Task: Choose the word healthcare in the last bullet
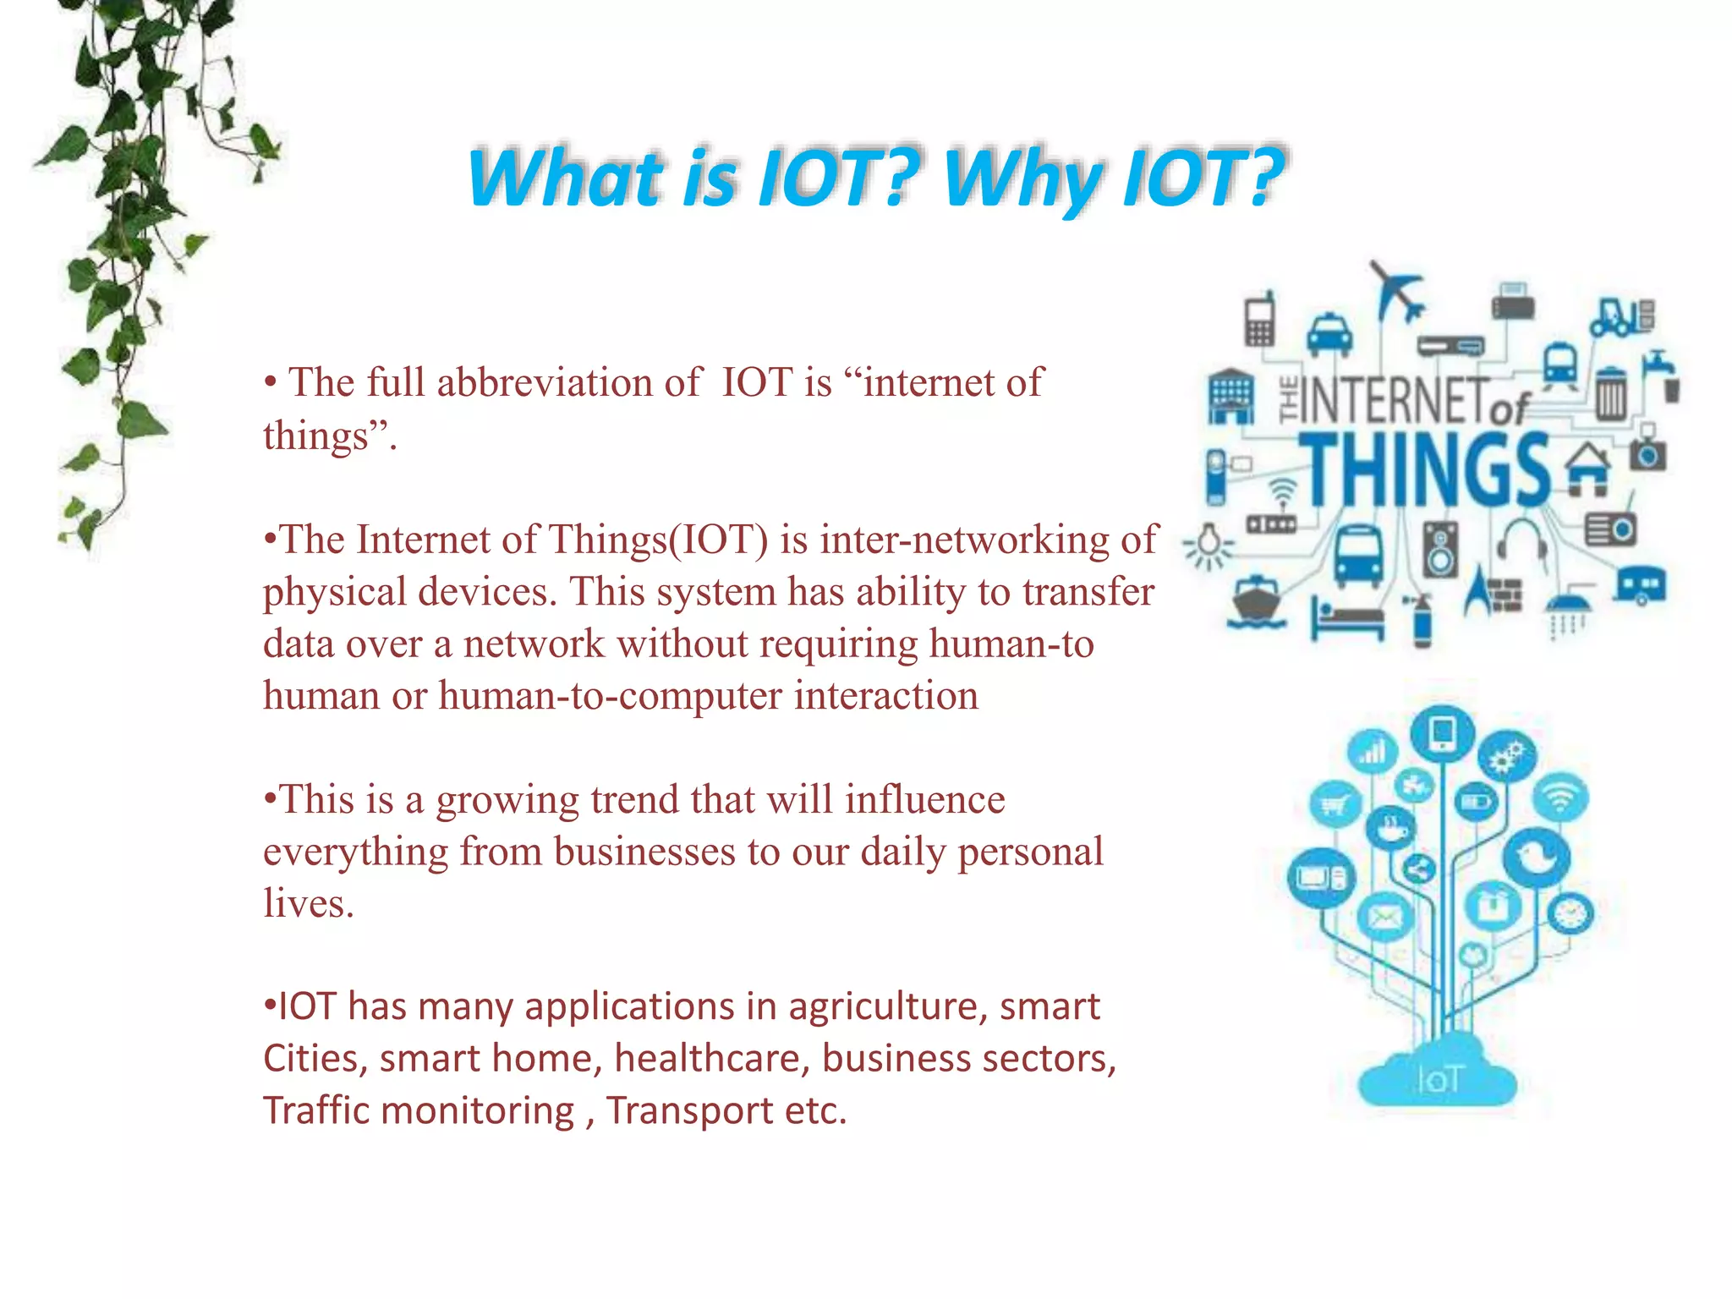pyautogui.click(x=712, y=1058)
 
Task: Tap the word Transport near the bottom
pyautogui.click(x=689, y=1110)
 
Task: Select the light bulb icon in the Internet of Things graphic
pyautogui.click(x=1209, y=545)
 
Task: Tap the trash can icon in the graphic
pyautogui.click(x=1611, y=394)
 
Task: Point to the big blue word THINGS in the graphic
pyautogui.click(x=1428, y=469)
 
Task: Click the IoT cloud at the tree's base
pyautogui.click(x=1437, y=1076)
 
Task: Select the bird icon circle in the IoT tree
pyautogui.click(x=1536, y=857)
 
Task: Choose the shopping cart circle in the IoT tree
pyautogui.click(x=1335, y=804)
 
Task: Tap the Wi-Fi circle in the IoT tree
pyautogui.click(x=1560, y=797)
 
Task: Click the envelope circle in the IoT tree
pyautogui.click(x=1385, y=916)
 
